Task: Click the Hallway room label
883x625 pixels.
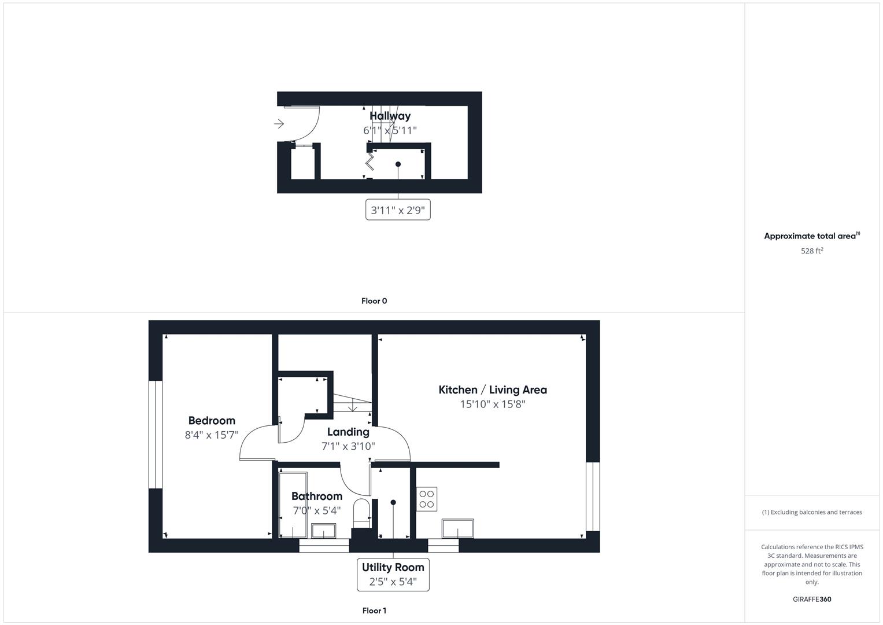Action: click(390, 116)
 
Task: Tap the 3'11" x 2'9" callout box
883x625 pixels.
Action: click(398, 210)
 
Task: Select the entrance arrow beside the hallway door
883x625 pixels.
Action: click(279, 124)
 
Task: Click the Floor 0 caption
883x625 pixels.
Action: click(374, 301)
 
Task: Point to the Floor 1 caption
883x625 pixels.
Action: click(374, 611)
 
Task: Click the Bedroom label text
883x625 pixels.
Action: click(212, 421)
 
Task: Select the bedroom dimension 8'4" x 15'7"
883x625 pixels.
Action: click(212, 435)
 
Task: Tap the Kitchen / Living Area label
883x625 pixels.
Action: click(492, 390)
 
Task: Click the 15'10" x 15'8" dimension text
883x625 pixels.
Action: click(492, 405)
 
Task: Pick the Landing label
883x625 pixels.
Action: click(348, 432)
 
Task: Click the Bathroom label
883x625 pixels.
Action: click(316, 497)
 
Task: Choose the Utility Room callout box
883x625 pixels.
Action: click(393, 574)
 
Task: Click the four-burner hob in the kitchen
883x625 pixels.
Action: click(427, 499)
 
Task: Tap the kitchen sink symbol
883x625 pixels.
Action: click(457, 528)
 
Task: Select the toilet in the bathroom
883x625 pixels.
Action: click(361, 512)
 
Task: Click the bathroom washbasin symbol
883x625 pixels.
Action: click(323, 531)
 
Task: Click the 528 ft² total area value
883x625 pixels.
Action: click(812, 251)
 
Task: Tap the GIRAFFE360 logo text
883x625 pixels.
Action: click(812, 600)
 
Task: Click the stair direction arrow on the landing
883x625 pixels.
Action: click(353, 407)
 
